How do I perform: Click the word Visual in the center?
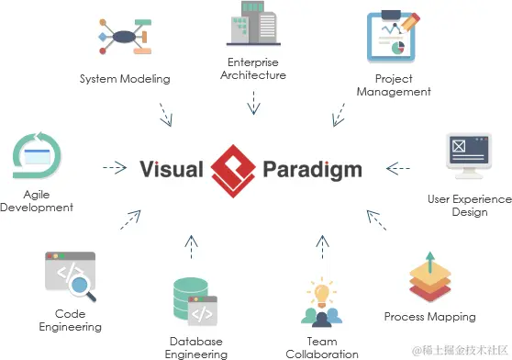click(171, 169)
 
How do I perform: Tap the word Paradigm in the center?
click(311, 170)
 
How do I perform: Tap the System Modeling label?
click(125, 79)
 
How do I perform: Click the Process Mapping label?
click(429, 317)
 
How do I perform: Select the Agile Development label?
click(36, 201)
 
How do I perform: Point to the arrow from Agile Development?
click(115, 167)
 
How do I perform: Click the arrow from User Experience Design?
click(398, 168)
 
